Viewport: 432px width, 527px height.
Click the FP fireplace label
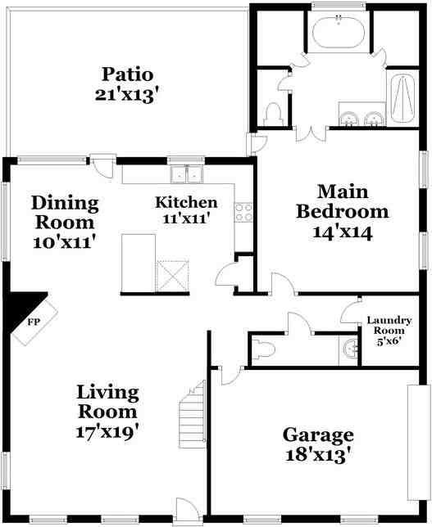click(x=34, y=322)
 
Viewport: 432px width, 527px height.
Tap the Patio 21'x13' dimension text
click(x=126, y=96)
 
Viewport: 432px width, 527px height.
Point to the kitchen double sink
click(x=187, y=175)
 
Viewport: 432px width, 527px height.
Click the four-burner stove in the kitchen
click(x=243, y=213)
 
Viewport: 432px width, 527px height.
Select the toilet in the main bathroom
click(x=272, y=115)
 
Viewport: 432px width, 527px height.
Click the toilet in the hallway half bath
click(x=263, y=349)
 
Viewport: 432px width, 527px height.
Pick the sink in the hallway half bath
click(x=351, y=349)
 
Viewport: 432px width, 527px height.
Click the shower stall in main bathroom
click(x=402, y=98)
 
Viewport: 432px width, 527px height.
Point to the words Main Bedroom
click(x=343, y=201)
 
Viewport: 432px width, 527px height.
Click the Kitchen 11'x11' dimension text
click(x=186, y=218)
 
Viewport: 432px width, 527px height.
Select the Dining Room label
click(x=65, y=213)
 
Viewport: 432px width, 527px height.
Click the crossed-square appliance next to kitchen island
click(x=172, y=276)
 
